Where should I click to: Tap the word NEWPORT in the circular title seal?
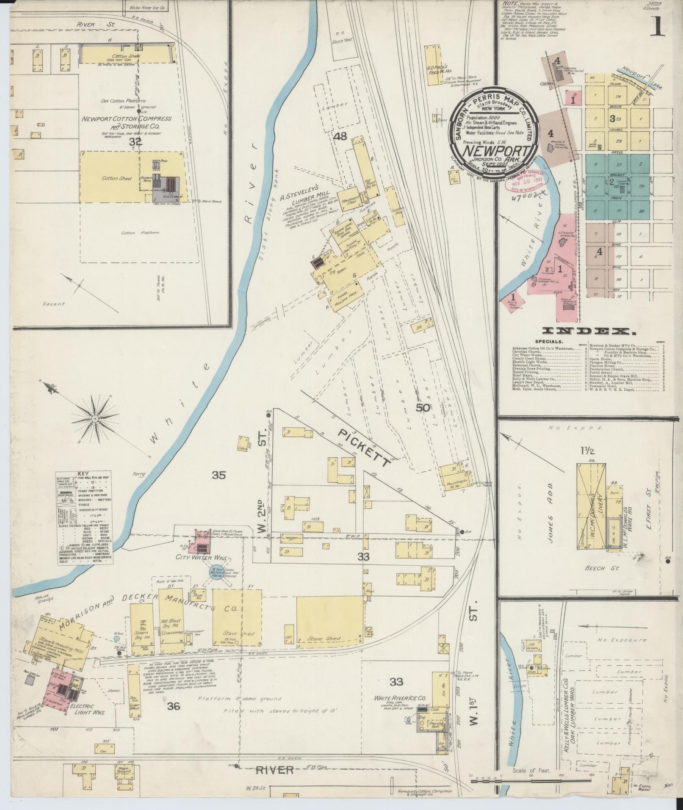coord(495,151)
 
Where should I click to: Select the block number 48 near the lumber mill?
coord(340,136)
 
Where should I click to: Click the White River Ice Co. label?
coord(404,698)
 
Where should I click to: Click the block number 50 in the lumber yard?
coord(423,409)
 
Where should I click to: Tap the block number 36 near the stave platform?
coord(174,706)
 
